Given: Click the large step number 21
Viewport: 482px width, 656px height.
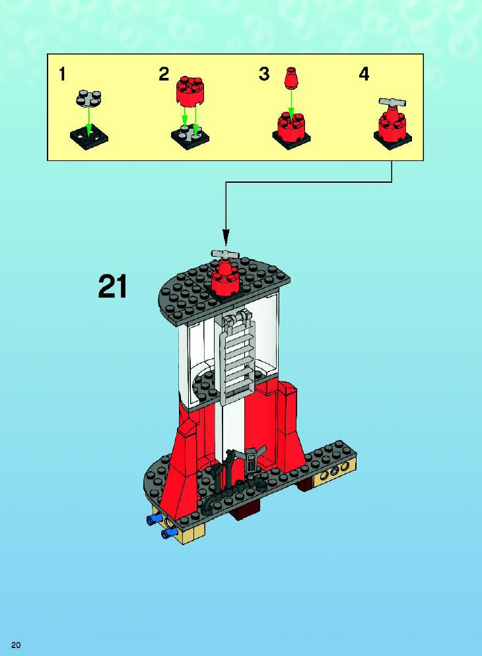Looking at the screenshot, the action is coord(112,287).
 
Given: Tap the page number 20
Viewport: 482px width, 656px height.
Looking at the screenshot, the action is coord(16,645).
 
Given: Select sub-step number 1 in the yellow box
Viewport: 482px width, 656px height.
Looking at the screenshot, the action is coord(62,75).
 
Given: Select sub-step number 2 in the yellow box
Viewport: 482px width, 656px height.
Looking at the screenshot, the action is coord(164,74).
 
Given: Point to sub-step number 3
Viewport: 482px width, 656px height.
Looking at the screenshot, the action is coord(264,74).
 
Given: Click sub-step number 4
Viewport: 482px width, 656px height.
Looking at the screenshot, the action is coord(364,74).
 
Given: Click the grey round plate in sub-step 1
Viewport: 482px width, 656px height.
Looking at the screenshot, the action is coord(89,98).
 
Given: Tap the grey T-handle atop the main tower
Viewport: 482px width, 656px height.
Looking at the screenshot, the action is coord(224,254).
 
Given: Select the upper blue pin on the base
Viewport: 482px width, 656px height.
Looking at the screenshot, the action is coord(154,520).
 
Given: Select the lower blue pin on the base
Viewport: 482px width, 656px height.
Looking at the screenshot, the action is coord(169,532).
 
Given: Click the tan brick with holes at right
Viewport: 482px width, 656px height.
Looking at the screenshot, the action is coord(335,472).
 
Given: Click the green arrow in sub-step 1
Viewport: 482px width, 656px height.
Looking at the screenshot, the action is coord(88,121).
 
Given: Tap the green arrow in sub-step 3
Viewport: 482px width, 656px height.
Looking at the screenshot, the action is coord(291,104).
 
